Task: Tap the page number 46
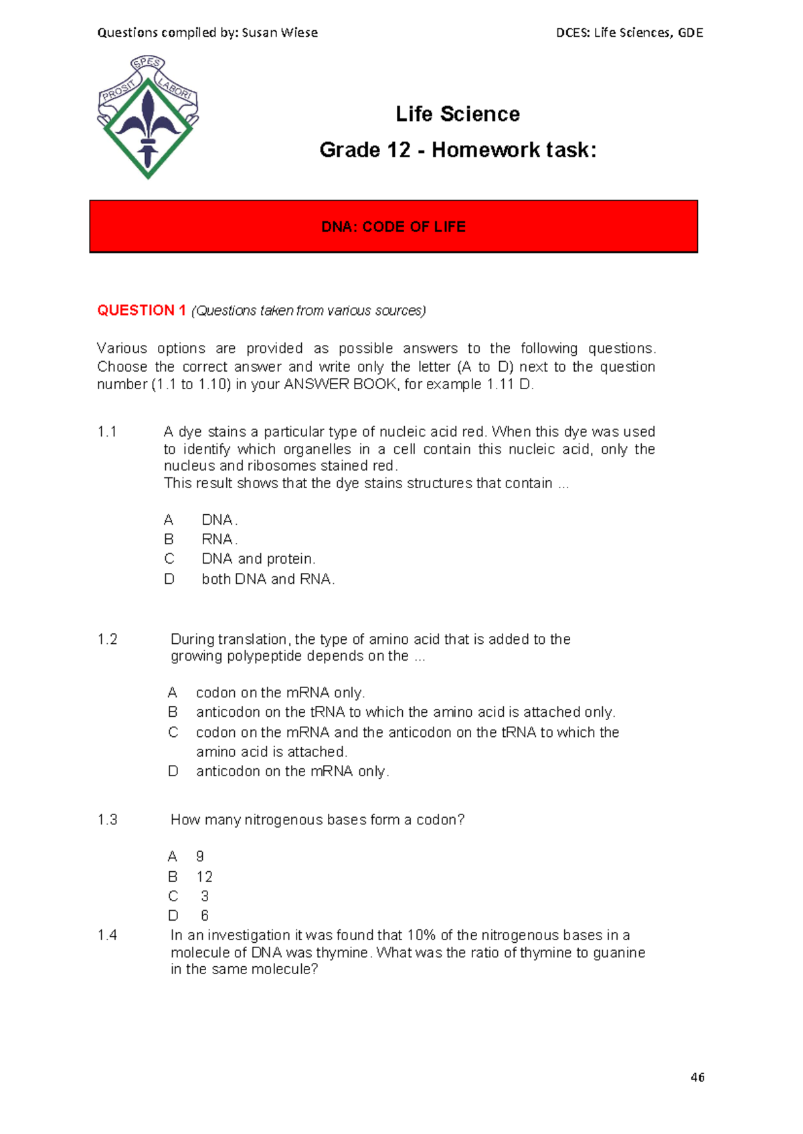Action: (x=697, y=1077)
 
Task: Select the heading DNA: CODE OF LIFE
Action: (x=393, y=227)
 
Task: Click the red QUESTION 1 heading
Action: (x=141, y=310)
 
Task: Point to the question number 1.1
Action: (x=107, y=432)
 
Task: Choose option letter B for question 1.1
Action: (x=169, y=539)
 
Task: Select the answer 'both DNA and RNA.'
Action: (x=268, y=579)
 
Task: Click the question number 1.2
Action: (x=107, y=639)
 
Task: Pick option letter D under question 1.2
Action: (x=173, y=771)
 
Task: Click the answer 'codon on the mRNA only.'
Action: (x=280, y=693)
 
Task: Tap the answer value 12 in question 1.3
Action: (x=204, y=877)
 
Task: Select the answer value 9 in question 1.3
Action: (x=199, y=857)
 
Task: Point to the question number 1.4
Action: (x=107, y=935)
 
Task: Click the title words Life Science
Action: (x=458, y=114)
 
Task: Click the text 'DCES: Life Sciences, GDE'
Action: (x=629, y=33)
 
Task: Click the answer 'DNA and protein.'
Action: (x=258, y=559)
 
